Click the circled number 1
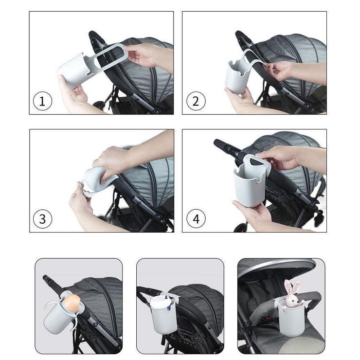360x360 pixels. click(42, 101)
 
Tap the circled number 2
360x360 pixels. click(196, 101)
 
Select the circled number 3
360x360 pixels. click(42, 219)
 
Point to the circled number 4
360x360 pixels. click(196, 219)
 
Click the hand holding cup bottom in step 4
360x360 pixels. click(252, 214)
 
